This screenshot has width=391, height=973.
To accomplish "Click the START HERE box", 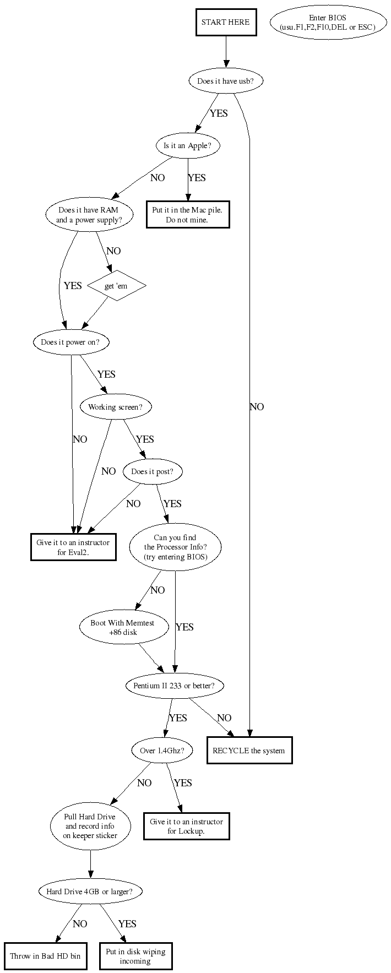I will coord(225,23).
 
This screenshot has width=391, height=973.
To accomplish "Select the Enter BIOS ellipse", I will coord(328,23).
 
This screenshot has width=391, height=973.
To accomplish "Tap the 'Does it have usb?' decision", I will coord(225,81).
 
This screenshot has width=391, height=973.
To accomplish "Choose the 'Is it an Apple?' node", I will coord(188,146).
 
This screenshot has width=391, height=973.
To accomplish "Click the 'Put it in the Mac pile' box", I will coord(188,215).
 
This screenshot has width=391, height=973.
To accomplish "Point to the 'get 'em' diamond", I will coord(116,286).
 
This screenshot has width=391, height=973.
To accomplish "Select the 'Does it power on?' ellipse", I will coord(71,342).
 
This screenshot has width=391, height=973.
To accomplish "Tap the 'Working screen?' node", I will coord(116,407).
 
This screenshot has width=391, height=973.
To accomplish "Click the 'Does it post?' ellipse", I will coord(153,471).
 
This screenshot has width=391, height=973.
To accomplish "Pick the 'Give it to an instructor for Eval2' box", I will coord(73,547).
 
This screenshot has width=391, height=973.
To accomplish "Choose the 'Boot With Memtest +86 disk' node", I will coord(123,628).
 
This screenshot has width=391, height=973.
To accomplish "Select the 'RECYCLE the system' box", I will coord(249,750).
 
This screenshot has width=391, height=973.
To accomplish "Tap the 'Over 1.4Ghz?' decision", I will coord(162,750).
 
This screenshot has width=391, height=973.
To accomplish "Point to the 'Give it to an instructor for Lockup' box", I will coord(187,826).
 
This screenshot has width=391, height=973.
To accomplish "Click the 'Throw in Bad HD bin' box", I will coord(45,955).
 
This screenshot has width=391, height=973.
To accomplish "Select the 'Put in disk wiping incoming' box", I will coord(135,955).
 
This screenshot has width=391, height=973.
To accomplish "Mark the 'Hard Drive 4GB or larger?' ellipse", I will coord(90,891).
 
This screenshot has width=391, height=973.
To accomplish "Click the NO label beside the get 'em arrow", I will coord(113,251).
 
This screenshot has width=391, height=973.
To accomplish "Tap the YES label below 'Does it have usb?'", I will coord(219,113).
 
